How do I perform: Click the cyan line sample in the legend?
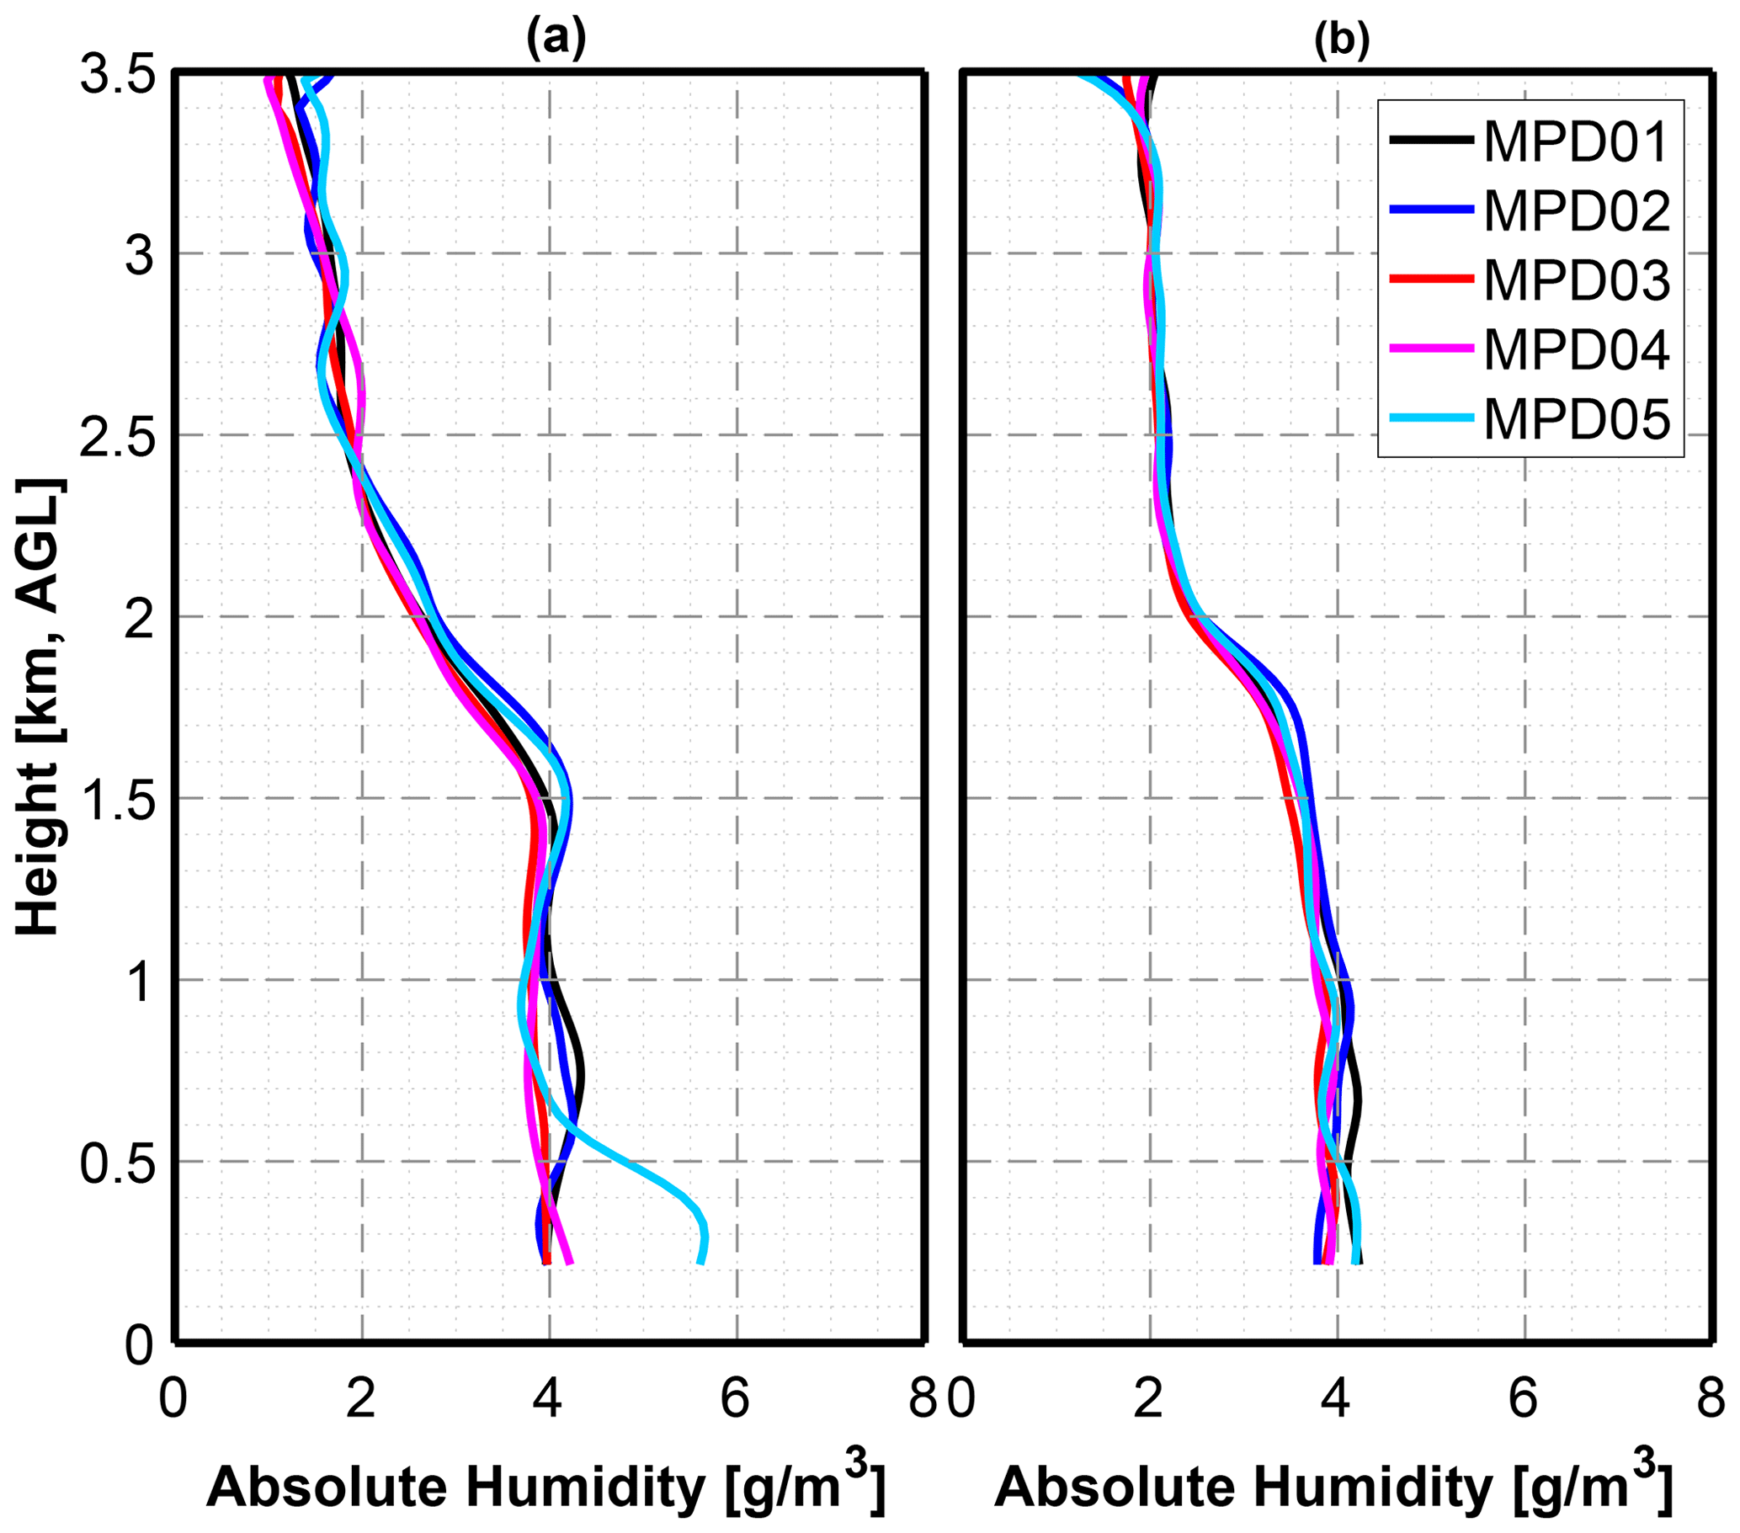[1431, 417]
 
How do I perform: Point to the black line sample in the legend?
[1431, 140]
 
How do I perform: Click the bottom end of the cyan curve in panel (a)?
[700, 1261]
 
